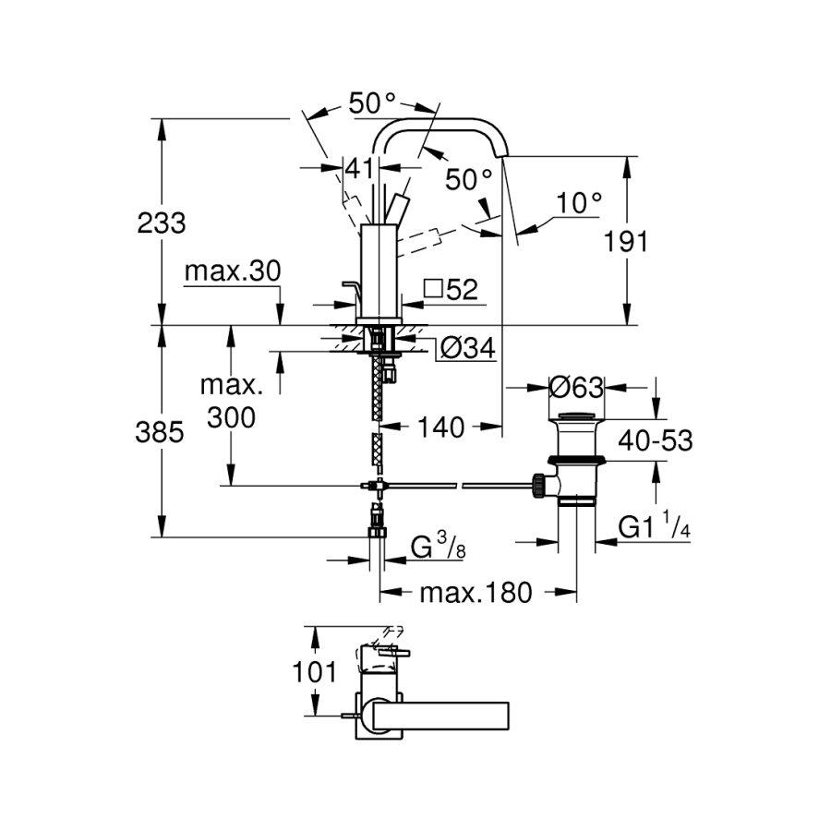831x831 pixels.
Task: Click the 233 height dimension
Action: point(162,223)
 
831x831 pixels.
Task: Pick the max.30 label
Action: point(232,271)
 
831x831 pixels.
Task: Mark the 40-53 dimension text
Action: point(656,441)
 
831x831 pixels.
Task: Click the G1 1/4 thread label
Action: point(654,527)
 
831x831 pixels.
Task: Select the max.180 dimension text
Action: point(476,592)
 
